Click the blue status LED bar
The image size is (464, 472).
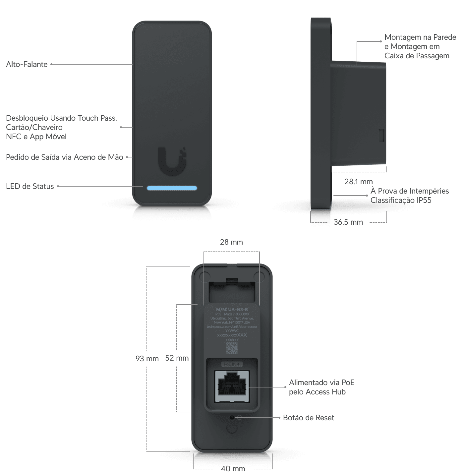click(x=172, y=188)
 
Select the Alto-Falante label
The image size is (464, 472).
click(x=27, y=64)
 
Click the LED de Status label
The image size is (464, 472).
click(x=30, y=186)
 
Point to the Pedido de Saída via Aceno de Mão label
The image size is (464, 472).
click(x=64, y=157)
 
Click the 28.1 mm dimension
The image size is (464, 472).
click(x=358, y=182)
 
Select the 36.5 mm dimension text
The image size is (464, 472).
click(x=348, y=222)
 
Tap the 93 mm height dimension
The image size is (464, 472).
click(x=147, y=358)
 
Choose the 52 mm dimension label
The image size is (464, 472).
click(x=177, y=358)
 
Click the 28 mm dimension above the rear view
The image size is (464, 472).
click(x=231, y=242)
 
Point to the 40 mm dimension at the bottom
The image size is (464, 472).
click(x=233, y=468)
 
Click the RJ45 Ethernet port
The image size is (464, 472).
click(x=232, y=386)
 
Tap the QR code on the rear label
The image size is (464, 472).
click(x=232, y=348)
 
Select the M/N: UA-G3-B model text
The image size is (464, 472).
click(x=232, y=309)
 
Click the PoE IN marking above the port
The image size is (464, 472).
click(x=232, y=364)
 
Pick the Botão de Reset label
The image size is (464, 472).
click(x=309, y=418)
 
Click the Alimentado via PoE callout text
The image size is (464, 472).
click(x=321, y=383)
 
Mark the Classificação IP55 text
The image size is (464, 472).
click(x=401, y=200)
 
